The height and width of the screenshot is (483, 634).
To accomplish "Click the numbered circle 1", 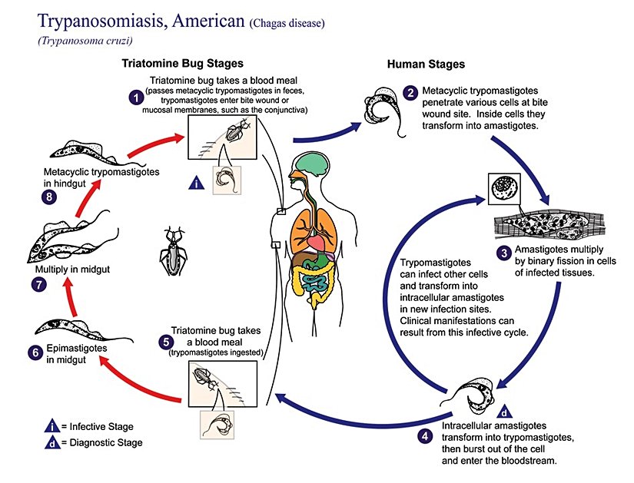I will click(x=135, y=98).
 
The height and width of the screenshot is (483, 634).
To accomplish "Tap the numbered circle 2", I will click(x=411, y=94).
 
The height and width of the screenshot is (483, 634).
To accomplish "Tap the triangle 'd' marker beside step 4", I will click(x=504, y=410).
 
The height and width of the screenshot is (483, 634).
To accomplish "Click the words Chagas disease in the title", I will click(x=287, y=23).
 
